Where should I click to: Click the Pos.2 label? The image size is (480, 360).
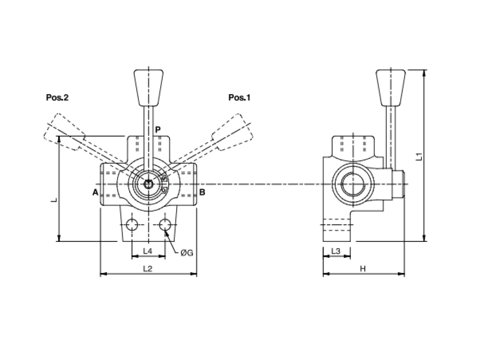coord(57,97)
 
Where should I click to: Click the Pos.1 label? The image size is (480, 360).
coord(240,97)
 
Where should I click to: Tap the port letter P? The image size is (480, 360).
coord(157,130)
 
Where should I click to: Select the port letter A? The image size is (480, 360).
coord(96,192)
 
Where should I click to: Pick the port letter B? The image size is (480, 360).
coord(202,192)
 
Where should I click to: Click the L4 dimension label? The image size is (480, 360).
coord(147,251)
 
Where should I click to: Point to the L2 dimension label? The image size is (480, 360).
coord(147,268)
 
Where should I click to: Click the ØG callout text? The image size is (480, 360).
coord(187,253)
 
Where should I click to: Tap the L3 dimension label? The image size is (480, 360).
coord(336,251)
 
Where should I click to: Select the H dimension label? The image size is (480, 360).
coord(363,269)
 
